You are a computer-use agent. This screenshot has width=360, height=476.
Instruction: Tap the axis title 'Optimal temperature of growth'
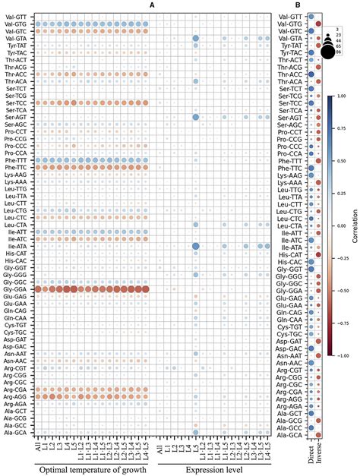[x=94, y=468]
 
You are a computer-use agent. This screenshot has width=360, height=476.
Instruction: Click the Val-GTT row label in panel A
[x=17, y=17]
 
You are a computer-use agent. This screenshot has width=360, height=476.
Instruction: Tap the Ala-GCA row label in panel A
[x=17, y=433]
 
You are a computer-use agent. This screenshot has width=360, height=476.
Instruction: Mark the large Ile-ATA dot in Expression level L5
[x=196, y=225]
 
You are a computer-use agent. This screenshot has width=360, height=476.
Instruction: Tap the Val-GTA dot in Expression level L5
[x=196, y=39]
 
